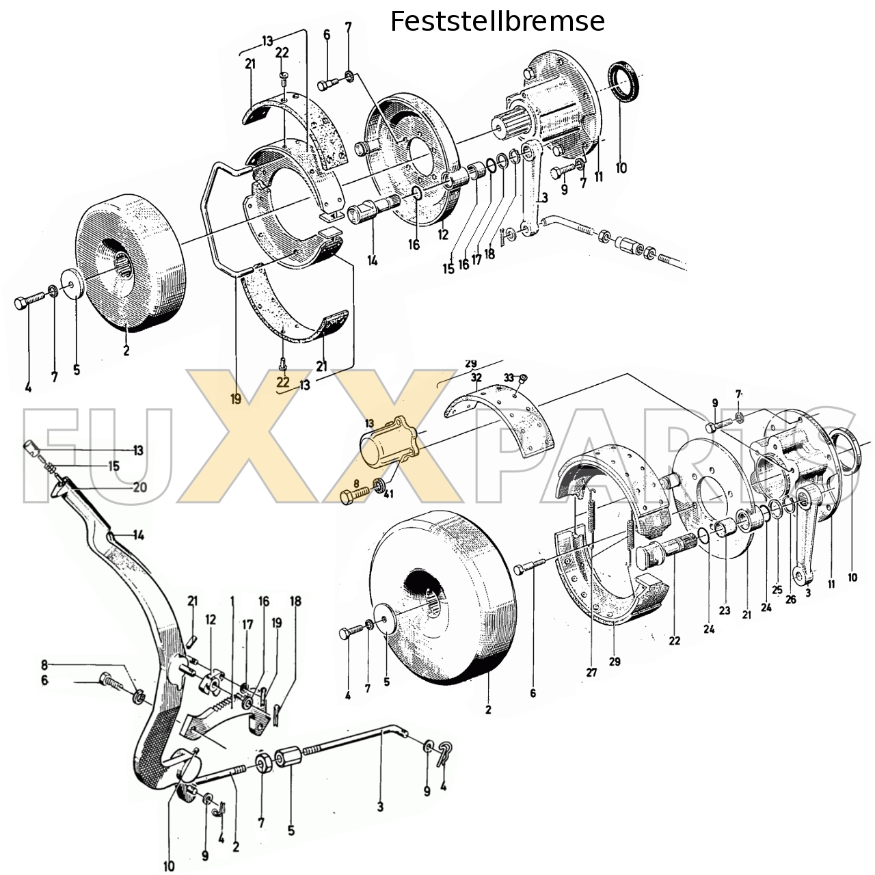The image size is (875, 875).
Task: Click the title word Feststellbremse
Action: point(497,22)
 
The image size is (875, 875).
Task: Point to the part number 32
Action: point(476,377)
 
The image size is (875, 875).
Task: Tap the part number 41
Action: point(388,494)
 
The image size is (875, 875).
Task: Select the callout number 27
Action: point(591,673)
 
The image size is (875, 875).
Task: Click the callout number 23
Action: point(724,610)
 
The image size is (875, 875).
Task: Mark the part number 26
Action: point(791,600)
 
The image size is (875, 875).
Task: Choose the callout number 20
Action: point(139,487)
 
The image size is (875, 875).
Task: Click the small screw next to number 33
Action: point(525,378)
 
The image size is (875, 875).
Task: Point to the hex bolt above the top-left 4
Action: point(24,301)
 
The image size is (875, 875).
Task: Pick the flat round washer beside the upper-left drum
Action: point(72,284)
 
